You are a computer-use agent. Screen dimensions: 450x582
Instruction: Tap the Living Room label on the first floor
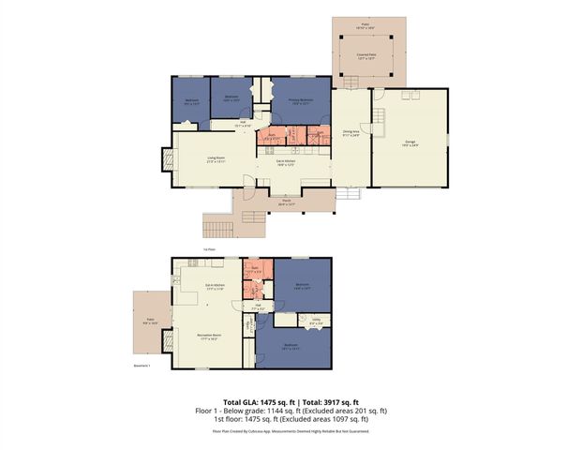pos(216,157)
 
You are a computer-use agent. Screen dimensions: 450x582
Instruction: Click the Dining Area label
pos(351,133)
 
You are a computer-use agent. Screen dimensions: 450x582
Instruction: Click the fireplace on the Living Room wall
pos(168,162)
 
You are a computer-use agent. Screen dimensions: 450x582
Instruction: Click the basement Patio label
pos(151,322)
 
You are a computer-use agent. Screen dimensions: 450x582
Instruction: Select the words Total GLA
pos(242,401)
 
